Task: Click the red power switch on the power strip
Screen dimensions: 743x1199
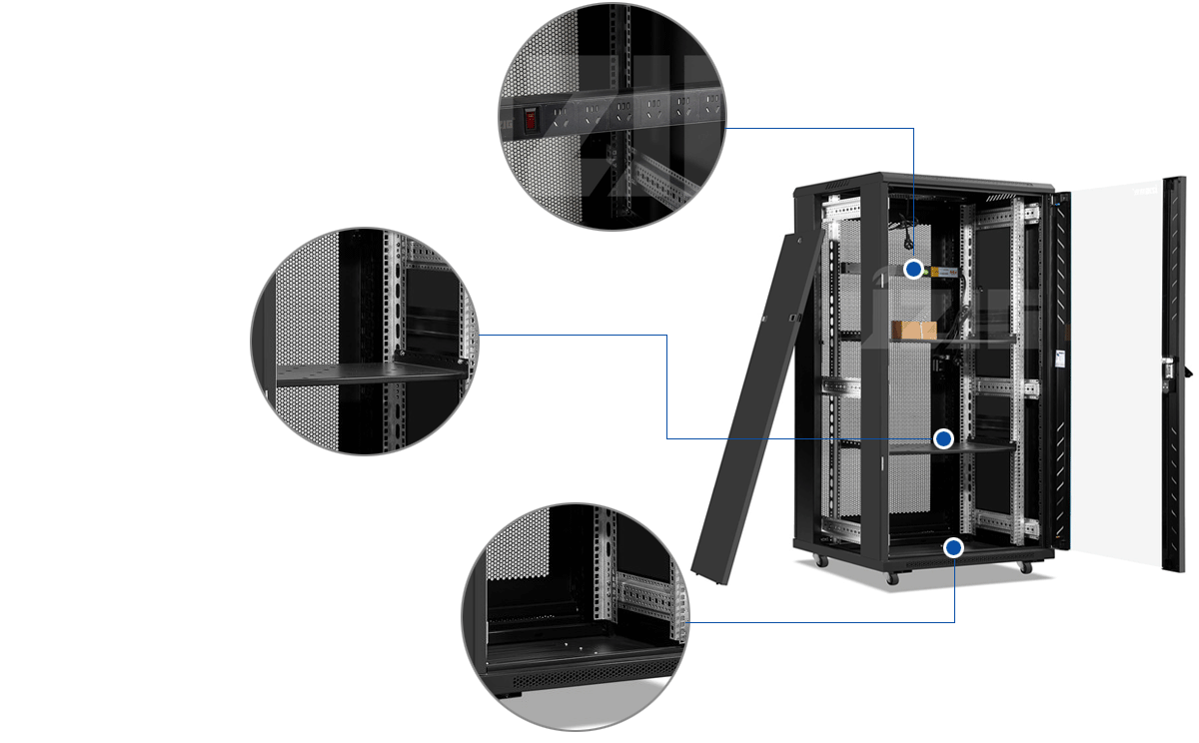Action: click(x=530, y=119)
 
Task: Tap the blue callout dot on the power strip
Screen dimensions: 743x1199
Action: click(x=913, y=269)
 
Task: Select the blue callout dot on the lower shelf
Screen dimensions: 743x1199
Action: click(x=942, y=438)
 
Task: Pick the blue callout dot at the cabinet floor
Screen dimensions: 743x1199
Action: click(x=953, y=546)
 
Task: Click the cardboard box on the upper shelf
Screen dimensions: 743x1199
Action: click(x=913, y=331)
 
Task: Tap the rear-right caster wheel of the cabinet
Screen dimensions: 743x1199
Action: click(x=1024, y=567)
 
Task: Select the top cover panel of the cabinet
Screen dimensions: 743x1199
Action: click(x=924, y=182)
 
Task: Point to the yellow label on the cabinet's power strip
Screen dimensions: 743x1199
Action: click(x=940, y=271)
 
